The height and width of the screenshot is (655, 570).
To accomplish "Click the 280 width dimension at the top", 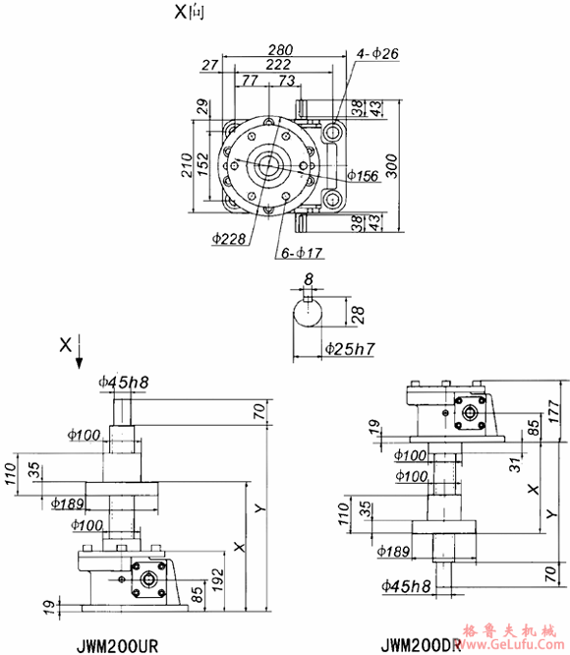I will (x=282, y=48).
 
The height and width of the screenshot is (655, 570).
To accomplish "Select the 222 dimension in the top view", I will (x=282, y=64).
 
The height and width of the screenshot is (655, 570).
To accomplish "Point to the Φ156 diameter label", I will (x=366, y=176).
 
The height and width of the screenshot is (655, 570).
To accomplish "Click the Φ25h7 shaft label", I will (x=345, y=348).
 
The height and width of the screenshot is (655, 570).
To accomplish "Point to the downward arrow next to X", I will (x=80, y=356).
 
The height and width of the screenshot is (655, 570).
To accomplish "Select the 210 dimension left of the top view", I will (x=184, y=168).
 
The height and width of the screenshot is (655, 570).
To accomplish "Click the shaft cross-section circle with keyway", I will (x=310, y=314).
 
